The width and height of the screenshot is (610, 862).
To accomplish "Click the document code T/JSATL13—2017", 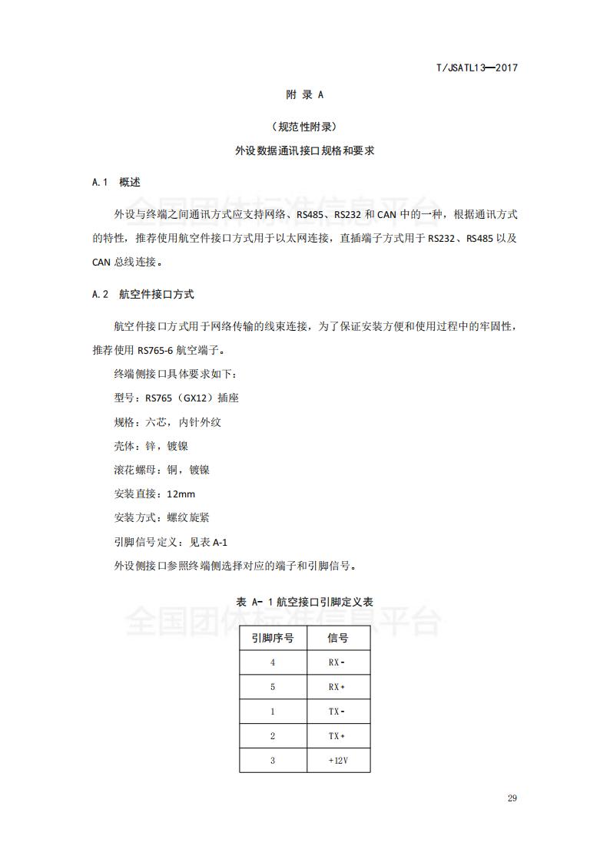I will (476, 68).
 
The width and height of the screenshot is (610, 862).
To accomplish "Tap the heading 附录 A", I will (305, 95).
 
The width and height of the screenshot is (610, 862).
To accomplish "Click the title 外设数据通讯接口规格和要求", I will (305, 152).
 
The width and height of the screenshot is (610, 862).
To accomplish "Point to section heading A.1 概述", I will (116, 183).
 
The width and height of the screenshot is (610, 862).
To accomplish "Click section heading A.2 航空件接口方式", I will (143, 294).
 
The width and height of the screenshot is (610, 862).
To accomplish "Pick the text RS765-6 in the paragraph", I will (156, 351).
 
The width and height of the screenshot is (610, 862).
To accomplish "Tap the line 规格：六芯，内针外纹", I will (167, 422).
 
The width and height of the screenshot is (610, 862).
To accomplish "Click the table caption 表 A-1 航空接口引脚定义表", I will (305, 603).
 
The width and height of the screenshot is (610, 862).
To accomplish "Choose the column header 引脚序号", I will (272, 639).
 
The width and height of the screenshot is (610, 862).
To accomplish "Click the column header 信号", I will (337, 639).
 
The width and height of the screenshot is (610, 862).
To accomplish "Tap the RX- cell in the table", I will (337, 662).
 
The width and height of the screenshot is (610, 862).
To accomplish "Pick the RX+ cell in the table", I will (337, 687).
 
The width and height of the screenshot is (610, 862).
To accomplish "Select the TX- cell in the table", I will (337, 712).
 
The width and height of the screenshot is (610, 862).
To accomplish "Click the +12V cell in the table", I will (337, 760).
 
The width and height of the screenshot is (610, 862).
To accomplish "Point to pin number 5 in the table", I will (272, 687).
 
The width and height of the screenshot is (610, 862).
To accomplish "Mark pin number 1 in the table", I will (272, 712).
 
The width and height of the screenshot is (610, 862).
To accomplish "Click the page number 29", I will (512, 798).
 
